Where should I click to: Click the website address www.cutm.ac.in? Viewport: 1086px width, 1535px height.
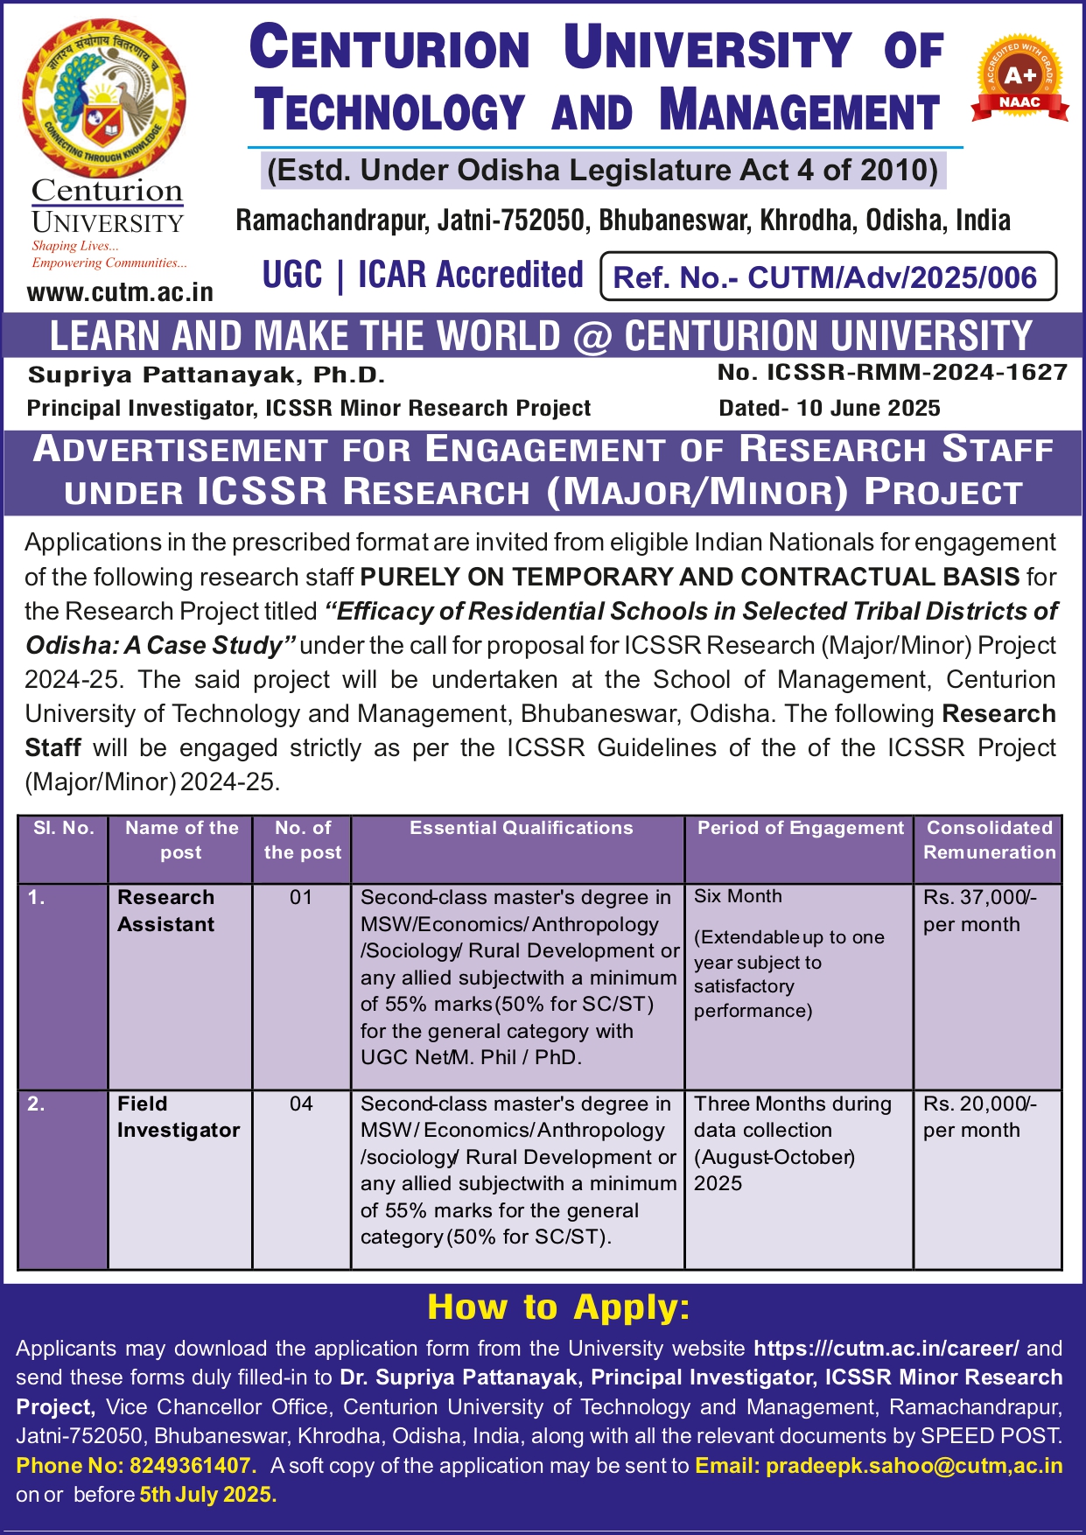[120, 292]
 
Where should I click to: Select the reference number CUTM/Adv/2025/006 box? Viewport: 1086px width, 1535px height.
[828, 277]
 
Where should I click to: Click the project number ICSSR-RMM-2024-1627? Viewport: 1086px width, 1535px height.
[893, 373]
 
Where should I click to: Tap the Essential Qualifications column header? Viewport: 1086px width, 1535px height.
[521, 828]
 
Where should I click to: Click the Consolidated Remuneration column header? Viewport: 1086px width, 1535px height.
[989, 840]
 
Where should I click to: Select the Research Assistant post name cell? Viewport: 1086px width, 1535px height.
[166, 911]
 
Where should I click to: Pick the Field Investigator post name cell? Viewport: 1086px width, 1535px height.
[178, 1117]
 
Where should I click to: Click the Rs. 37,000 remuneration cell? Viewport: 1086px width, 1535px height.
[979, 910]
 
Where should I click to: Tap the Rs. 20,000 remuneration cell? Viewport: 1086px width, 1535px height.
[979, 1117]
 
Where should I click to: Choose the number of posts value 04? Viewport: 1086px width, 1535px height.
[301, 1104]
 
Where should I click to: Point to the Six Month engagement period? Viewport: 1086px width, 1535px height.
[738, 897]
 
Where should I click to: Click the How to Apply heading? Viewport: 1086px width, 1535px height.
[558, 1307]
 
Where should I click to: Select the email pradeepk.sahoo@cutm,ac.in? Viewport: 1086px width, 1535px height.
[914, 1466]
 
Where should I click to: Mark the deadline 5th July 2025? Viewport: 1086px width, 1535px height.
[208, 1495]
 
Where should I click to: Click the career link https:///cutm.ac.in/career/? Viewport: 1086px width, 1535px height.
[886, 1349]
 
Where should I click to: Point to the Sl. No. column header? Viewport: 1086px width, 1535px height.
[64, 828]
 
